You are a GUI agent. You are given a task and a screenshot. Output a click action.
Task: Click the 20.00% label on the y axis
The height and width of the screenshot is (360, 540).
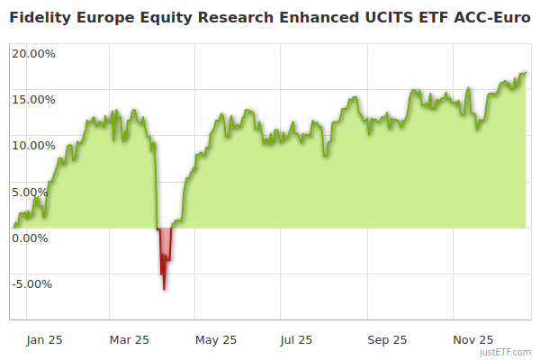pos(33,53)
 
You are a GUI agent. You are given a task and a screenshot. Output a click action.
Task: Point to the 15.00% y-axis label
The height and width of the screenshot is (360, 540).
pos(33,99)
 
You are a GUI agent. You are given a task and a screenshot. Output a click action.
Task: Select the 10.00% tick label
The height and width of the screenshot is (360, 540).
pos(33,145)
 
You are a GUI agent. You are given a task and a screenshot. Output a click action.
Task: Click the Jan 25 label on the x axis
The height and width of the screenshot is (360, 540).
pos(44,340)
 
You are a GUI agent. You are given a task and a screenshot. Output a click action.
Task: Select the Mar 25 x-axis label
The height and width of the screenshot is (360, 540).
pos(129,340)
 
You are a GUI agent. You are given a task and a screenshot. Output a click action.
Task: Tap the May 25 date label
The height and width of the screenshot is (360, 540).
pos(216,340)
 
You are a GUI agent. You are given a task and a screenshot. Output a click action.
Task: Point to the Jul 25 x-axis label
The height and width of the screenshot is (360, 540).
pos(297,340)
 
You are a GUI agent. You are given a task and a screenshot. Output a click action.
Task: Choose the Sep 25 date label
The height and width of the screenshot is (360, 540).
pos(387,340)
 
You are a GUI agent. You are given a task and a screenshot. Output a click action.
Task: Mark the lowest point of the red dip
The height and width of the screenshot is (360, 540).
pos(164,289)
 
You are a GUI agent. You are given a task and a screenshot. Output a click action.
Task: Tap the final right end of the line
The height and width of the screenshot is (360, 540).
pos(526,73)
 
